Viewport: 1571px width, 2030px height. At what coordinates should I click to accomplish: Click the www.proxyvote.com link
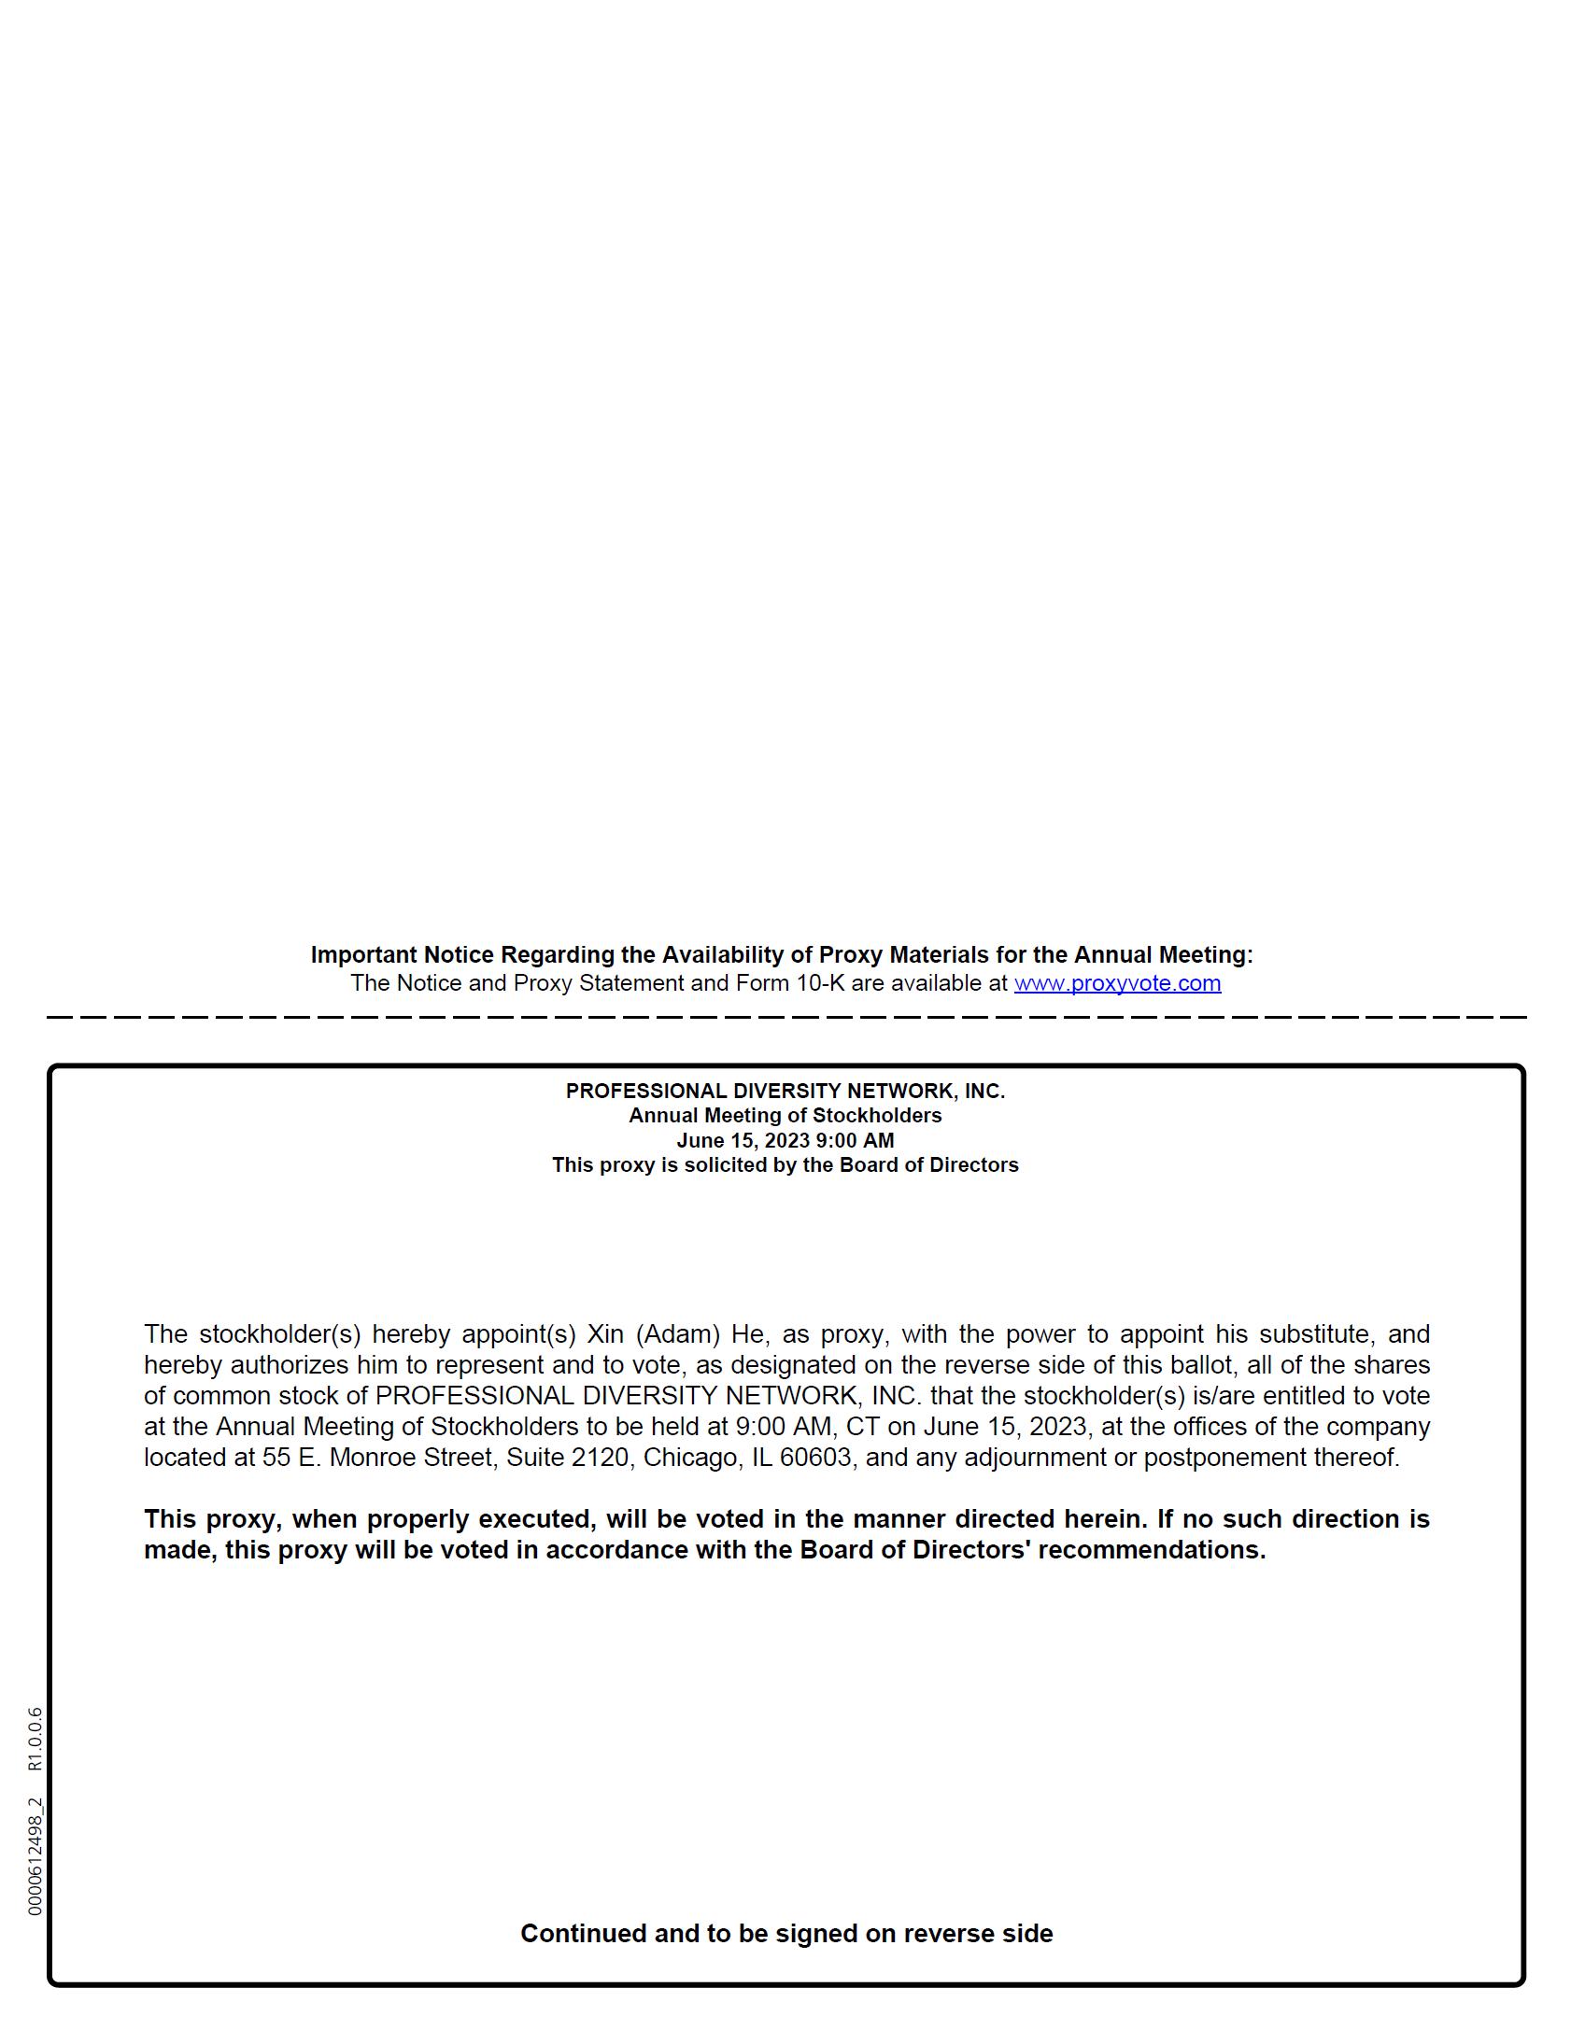click(x=1117, y=983)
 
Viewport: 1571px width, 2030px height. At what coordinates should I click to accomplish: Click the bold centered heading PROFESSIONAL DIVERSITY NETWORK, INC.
click(x=785, y=1091)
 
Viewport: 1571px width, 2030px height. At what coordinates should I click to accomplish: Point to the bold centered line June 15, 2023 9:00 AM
click(x=785, y=1140)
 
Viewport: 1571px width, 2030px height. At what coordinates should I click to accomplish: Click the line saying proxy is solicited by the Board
click(x=785, y=1165)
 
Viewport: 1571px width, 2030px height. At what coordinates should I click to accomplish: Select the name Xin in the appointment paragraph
click(x=604, y=1334)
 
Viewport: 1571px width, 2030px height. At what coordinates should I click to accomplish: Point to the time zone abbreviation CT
click(x=862, y=1427)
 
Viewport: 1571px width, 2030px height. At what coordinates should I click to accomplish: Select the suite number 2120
click(x=600, y=1458)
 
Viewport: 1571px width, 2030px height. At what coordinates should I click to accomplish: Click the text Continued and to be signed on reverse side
click(x=785, y=1933)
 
